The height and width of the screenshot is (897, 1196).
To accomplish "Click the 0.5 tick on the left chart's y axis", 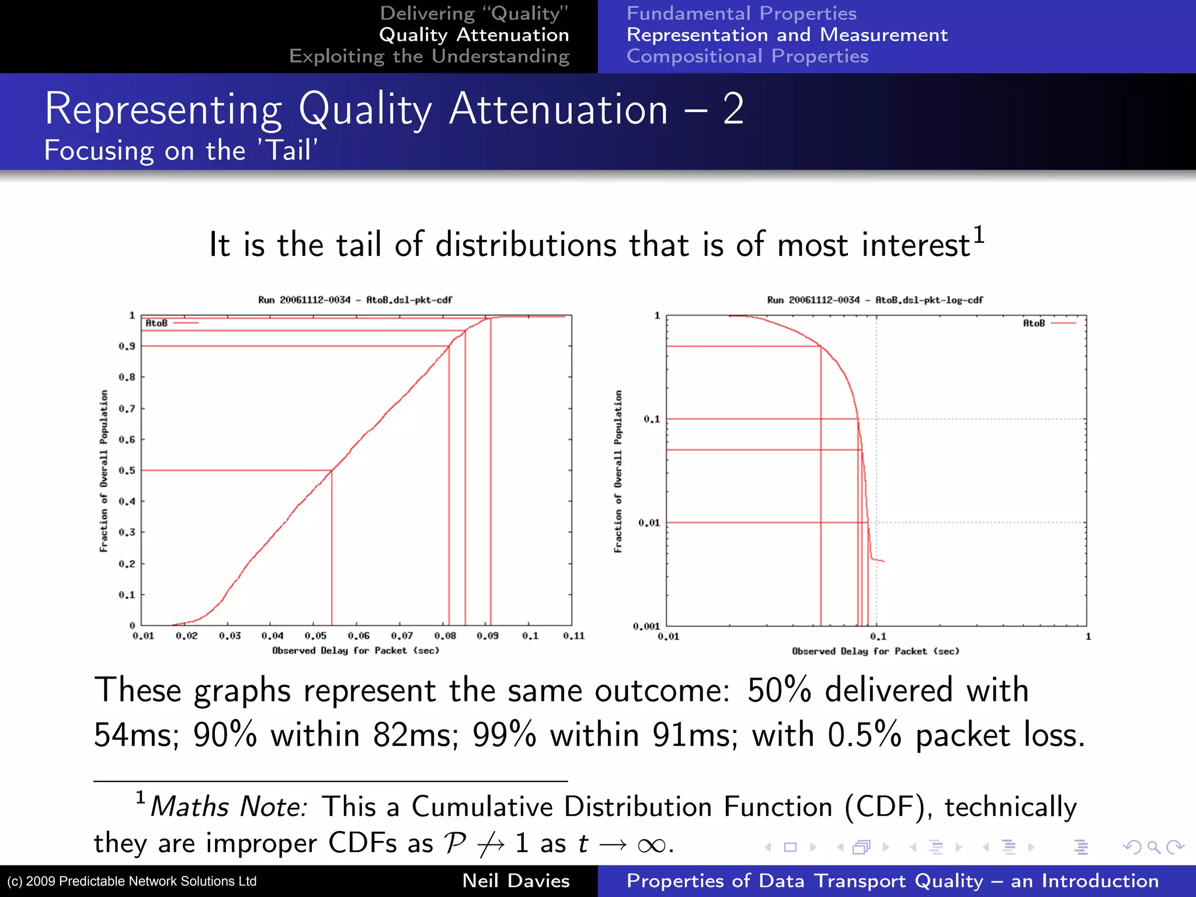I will click(127, 470).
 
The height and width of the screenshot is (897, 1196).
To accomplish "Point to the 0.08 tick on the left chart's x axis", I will click(445, 635).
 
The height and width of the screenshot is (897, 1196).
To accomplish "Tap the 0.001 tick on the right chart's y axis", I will click(646, 626).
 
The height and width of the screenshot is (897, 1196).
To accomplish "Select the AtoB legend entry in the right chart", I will click(1048, 323).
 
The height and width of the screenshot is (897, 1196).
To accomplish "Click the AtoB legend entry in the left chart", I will click(171, 323).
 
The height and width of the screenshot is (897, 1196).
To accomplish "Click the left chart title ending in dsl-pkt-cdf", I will click(355, 300).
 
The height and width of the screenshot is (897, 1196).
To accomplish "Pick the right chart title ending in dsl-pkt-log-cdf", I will click(875, 300).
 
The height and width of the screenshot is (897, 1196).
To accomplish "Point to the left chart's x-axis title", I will click(356, 651).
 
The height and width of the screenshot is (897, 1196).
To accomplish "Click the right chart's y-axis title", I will click(618, 471).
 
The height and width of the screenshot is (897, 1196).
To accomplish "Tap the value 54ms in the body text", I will click(135, 735).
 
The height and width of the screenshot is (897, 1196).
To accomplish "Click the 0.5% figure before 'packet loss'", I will click(864, 735).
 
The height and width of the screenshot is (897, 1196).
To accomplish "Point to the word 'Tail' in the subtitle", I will click(288, 151).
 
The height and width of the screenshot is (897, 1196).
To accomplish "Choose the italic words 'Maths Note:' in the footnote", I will click(228, 807).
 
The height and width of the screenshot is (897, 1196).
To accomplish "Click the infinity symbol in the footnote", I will click(651, 844).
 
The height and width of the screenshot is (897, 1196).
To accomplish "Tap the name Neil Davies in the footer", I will click(516, 881).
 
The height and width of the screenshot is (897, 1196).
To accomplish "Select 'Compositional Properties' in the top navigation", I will click(747, 56).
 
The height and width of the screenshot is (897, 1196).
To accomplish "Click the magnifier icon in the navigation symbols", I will click(1153, 846).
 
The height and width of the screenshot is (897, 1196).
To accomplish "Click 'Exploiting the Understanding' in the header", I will click(429, 56).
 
